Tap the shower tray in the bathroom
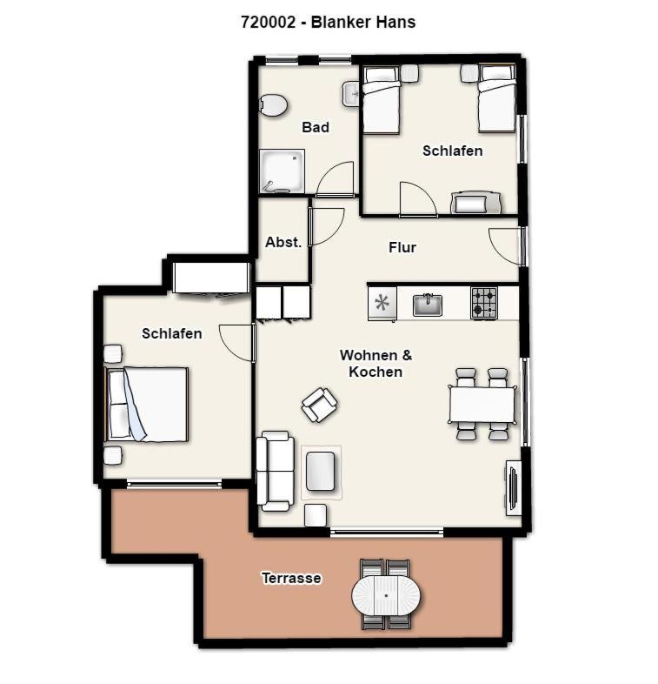point(282,171)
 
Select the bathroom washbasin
point(351,93)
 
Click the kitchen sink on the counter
point(427,305)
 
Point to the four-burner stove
point(483,303)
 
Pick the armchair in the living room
point(320,405)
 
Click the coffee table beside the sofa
point(321,472)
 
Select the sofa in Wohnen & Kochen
point(274,471)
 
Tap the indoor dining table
point(482,405)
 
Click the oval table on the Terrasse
point(386,595)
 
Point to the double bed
point(147,404)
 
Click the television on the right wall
point(513,487)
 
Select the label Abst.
point(283,242)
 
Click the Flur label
point(402,247)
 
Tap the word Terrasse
point(291,578)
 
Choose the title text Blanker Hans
point(363,22)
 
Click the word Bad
point(315,127)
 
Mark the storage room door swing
point(326,226)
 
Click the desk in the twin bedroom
point(476,203)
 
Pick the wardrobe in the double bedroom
point(211,278)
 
